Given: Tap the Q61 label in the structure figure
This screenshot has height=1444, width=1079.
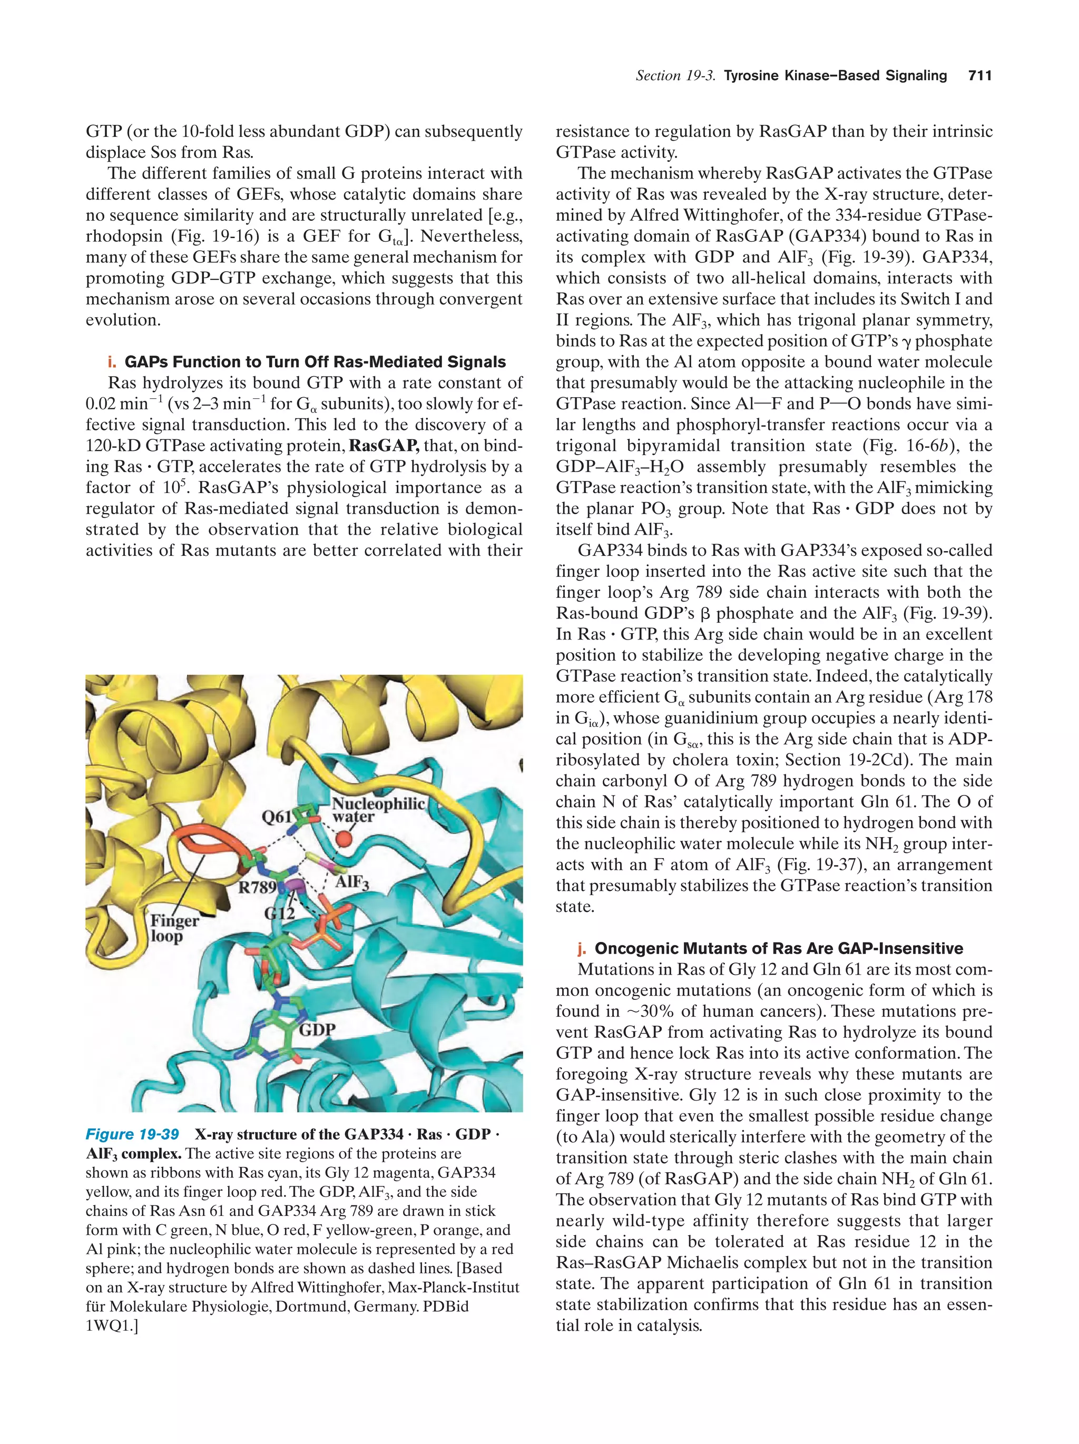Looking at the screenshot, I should [277, 817].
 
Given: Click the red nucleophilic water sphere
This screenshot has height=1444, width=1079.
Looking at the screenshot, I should [345, 838].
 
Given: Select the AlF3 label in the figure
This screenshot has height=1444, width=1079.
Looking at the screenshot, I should [352, 882].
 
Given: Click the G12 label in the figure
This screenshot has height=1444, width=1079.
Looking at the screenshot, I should [279, 912].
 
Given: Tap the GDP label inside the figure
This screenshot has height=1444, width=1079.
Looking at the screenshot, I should [317, 1030].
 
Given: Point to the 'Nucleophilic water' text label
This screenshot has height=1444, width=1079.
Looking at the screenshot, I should [378, 810].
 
